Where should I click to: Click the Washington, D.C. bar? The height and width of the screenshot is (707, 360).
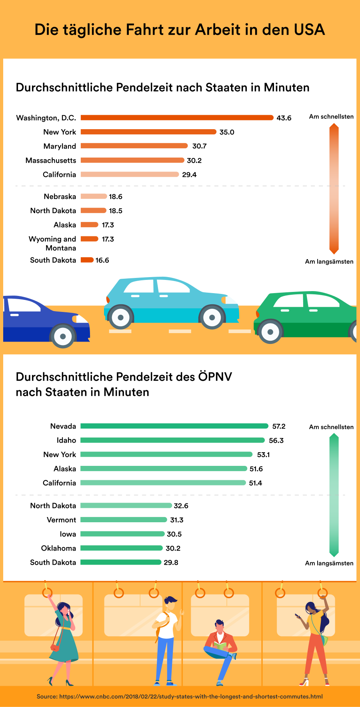click(177, 118)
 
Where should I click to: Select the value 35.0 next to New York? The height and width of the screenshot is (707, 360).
click(227, 132)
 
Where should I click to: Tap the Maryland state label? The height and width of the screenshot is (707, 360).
click(60, 146)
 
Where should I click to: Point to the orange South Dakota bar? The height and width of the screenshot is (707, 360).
click(87, 260)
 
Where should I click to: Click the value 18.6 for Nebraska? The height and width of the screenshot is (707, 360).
click(116, 197)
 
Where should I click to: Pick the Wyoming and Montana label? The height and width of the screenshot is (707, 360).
click(52, 243)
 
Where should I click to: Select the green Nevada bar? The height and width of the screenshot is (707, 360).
click(174, 426)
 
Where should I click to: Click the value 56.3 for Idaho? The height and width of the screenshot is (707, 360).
click(276, 441)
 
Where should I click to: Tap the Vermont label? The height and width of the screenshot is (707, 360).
click(61, 520)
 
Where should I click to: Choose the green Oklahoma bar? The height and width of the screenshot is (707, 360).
click(122, 548)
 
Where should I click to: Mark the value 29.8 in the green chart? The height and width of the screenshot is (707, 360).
click(171, 563)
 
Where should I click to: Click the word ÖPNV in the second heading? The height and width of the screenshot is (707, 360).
click(215, 377)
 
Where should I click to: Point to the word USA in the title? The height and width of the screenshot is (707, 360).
click(309, 30)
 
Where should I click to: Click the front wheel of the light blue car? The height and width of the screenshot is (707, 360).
click(212, 318)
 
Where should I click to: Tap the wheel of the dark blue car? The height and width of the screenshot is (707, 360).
click(63, 336)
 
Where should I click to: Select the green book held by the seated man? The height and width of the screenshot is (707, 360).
click(219, 645)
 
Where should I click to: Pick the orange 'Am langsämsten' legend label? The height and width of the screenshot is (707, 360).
click(329, 262)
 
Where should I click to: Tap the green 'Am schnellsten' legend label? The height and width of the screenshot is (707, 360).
click(331, 427)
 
